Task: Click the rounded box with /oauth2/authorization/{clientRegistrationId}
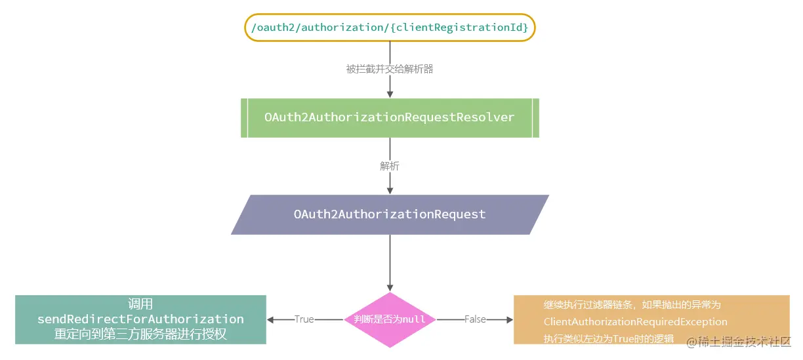390,28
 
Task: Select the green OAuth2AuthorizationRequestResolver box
390,117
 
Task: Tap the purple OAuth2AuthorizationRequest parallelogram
390,214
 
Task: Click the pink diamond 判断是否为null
390,319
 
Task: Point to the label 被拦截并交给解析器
390,69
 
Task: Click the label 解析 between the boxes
390,166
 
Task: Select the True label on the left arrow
304,319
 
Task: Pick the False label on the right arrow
475,319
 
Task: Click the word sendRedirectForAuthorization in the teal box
140,319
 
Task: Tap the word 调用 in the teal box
140,304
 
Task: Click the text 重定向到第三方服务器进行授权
140,334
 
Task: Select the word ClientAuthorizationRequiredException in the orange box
635,322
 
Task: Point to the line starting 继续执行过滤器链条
632,305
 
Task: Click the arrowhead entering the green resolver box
390,94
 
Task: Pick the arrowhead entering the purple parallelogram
390,190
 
